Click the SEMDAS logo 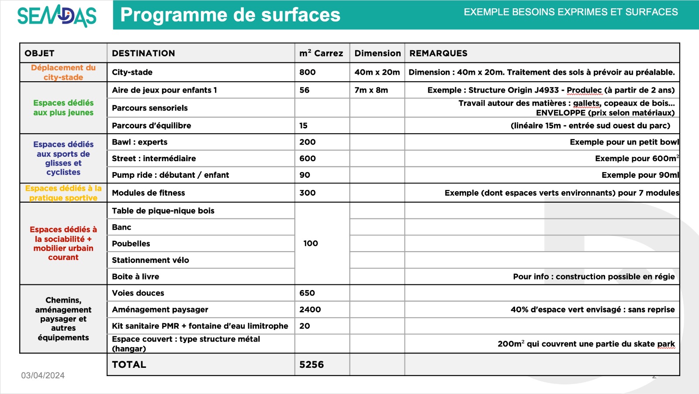click(57, 15)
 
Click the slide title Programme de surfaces click(230, 15)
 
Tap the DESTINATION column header click(143, 53)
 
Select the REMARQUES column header click(438, 53)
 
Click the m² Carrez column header click(321, 53)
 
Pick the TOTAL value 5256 click(311, 365)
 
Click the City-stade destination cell click(132, 72)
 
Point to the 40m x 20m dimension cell click(377, 72)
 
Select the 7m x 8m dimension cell click(371, 90)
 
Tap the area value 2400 click(310, 309)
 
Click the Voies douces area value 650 click(307, 293)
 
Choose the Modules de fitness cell click(149, 193)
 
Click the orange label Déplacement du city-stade click(63, 73)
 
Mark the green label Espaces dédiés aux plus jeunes click(63, 107)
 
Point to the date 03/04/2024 click(43, 375)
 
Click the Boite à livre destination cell click(135, 276)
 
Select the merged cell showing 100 click(311, 243)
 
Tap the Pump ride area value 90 click(305, 175)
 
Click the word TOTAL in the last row click(129, 365)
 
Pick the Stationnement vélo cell click(150, 260)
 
